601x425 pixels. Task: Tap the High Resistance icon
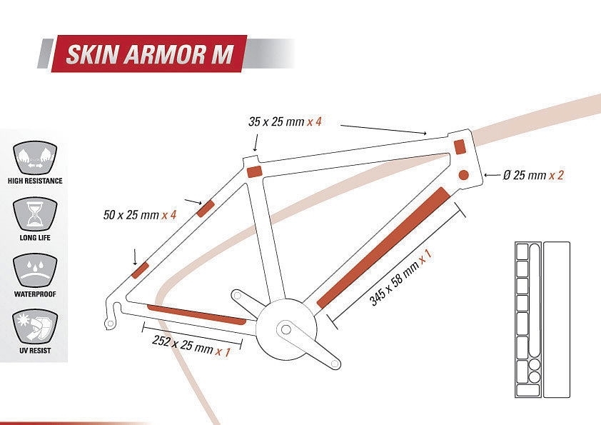[35, 156]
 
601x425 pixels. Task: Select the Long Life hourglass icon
[35, 213]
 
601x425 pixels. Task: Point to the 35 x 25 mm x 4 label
[285, 121]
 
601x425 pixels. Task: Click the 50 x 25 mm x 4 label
[139, 214]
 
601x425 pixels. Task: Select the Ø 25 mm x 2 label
[533, 175]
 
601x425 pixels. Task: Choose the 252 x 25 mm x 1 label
[191, 346]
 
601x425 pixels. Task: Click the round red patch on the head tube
[463, 174]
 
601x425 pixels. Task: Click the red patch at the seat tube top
[254, 171]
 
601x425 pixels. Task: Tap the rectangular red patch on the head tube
[460, 146]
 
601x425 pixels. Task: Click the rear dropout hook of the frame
[110, 321]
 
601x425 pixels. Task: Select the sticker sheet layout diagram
[542, 319]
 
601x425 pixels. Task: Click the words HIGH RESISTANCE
[35, 181]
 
